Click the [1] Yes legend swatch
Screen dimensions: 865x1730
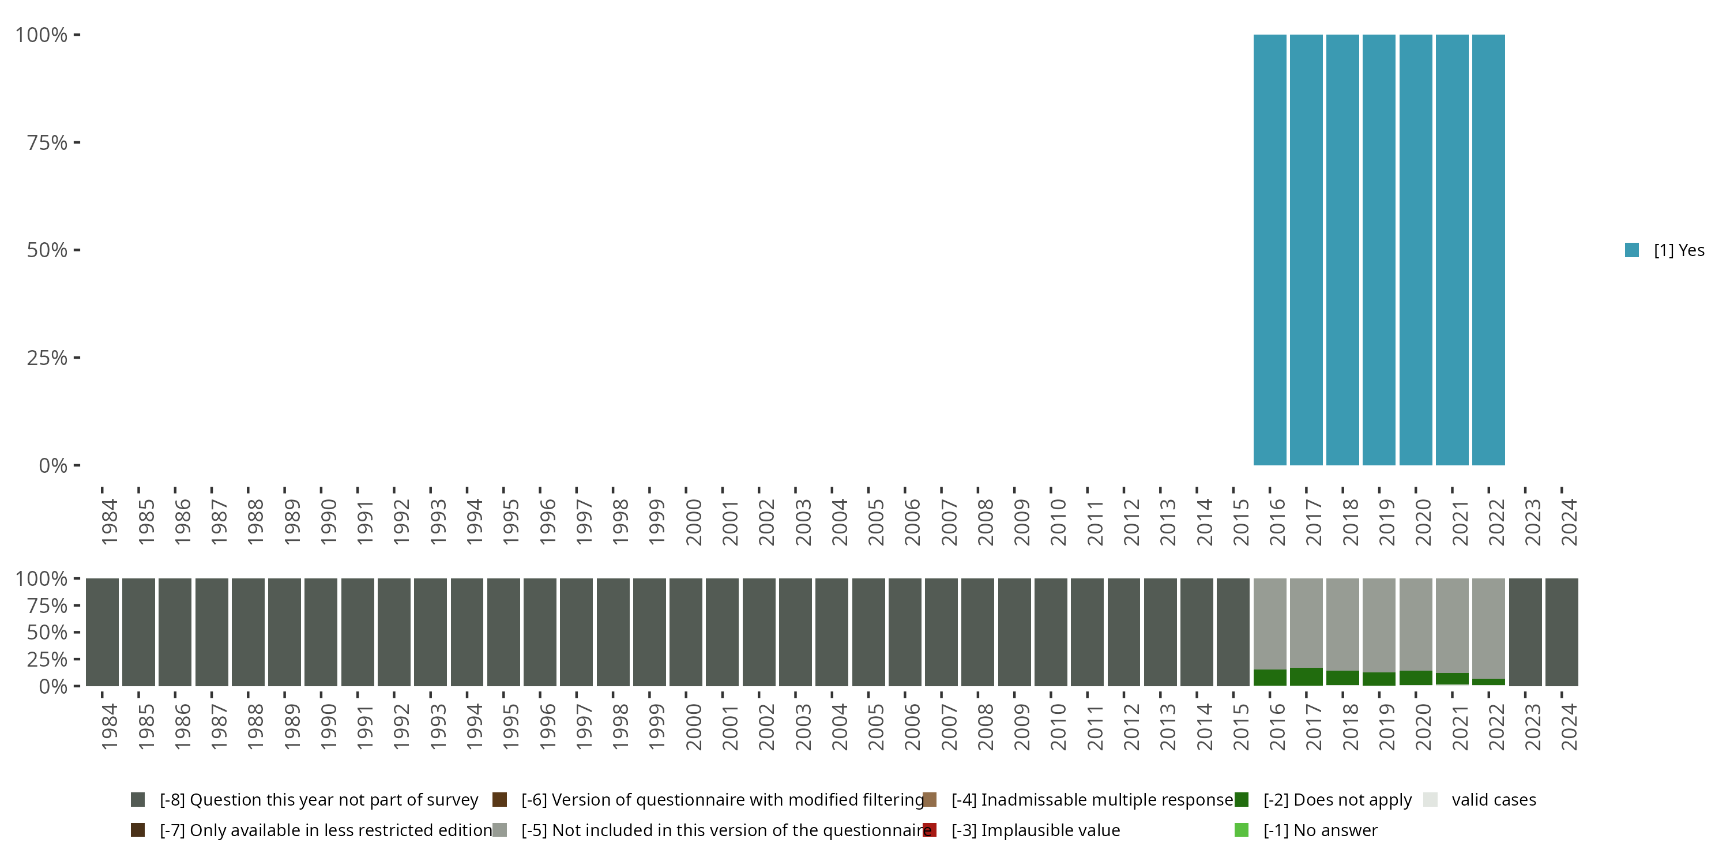(x=1632, y=250)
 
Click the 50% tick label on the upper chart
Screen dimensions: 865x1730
(x=47, y=250)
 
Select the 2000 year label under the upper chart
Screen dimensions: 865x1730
(x=693, y=522)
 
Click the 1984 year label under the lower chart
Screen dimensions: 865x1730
(x=110, y=727)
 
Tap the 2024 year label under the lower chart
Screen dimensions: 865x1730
(x=1568, y=727)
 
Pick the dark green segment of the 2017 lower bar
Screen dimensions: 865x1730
(x=1306, y=676)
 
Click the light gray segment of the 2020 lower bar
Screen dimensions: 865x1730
(x=1416, y=624)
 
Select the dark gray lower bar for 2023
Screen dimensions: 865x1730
(x=1525, y=632)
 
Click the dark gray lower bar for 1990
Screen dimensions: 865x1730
(x=321, y=632)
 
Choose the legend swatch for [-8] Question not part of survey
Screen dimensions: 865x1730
(x=138, y=800)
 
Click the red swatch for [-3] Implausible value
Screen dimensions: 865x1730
(x=930, y=830)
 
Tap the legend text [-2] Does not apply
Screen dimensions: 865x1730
(x=1337, y=800)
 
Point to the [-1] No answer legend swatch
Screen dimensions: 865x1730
(x=1241, y=830)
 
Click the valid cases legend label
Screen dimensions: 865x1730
(x=1494, y=800)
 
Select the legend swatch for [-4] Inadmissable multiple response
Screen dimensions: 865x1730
(x=930, y=800)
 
